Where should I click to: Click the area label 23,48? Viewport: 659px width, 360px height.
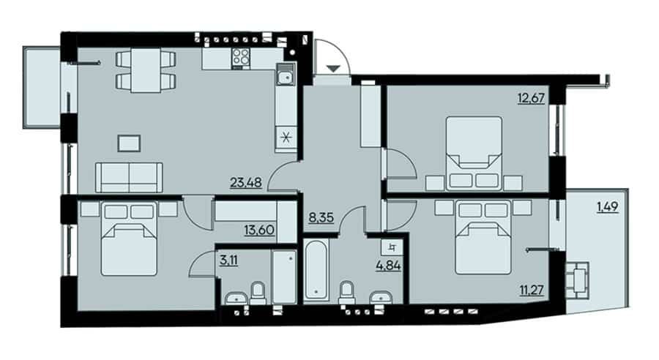246,183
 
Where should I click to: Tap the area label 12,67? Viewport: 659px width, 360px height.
532,98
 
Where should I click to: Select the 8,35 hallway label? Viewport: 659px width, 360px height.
321,217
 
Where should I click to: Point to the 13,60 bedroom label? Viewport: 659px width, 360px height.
259,230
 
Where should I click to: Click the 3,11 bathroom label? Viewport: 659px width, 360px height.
228,260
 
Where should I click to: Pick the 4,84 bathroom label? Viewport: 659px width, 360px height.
388,266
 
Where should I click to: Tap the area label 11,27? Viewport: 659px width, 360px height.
532,290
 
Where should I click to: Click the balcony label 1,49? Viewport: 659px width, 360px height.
608,207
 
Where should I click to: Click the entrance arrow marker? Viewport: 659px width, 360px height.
333,69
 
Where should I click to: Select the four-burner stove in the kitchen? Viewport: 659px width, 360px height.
241,57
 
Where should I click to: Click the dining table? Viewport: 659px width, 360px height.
146,70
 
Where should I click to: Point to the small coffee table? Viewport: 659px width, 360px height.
129,143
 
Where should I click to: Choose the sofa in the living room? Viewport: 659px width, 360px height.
129,177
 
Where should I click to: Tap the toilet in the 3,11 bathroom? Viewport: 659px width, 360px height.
258,293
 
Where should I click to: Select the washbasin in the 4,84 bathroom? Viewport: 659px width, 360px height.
381,298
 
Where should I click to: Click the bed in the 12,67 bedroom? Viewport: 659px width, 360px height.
474,154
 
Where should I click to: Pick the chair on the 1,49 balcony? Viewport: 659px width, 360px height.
578,280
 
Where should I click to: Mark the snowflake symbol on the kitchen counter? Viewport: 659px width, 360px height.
286,138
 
